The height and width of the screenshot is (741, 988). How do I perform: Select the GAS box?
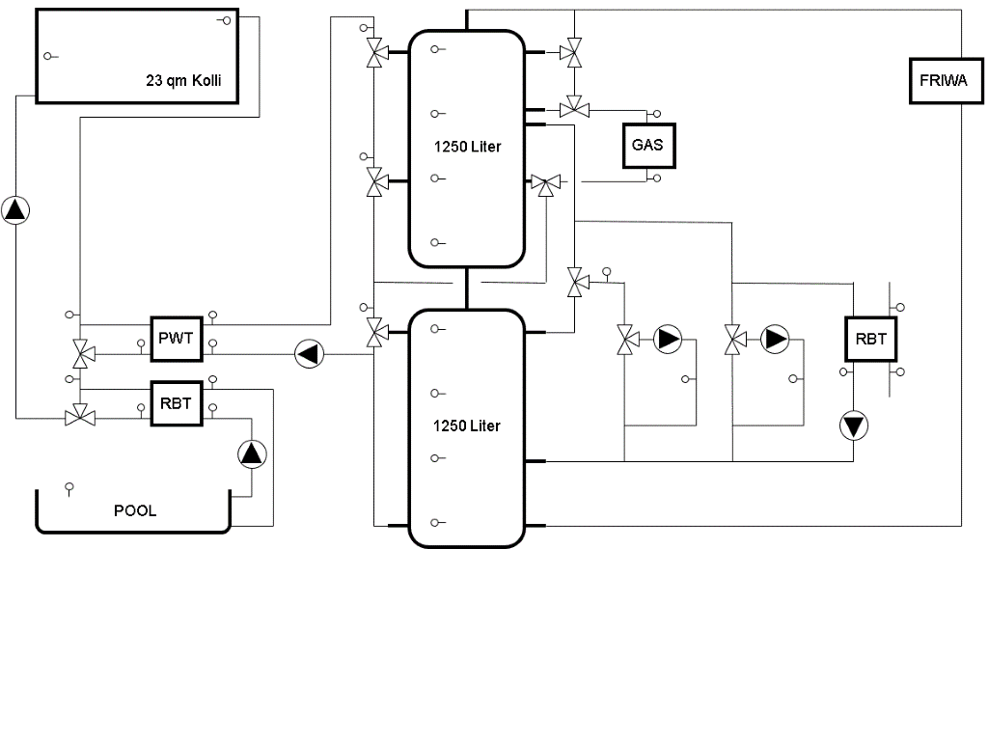click(647, 146)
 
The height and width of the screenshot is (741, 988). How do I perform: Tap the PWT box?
click(176, 339)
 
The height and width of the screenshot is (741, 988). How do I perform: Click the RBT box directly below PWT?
click(176, 403)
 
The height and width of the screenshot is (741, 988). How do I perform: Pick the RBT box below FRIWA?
click(870, 339)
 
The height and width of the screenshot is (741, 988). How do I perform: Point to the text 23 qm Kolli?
click(183, 81)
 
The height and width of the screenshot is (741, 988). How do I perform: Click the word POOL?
click(135, 510)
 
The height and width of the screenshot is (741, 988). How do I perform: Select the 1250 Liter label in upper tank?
click(467, 147)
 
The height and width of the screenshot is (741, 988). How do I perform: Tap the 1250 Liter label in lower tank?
click(467, 425)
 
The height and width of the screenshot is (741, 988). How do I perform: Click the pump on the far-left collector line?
click(15, 209)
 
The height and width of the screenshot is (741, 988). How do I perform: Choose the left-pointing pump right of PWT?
click(309, 354)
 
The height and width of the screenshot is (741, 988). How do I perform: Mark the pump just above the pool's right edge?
click(251, 453)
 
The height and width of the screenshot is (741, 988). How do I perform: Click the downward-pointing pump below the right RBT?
click(854, 425)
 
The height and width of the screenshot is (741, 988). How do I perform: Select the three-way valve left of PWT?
click(80, 354)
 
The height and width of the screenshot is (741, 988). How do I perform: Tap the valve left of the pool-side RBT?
click(80, 418)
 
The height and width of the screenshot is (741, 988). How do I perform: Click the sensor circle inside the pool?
click(69, 486)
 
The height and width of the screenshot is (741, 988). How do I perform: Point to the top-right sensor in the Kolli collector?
click(225, 20)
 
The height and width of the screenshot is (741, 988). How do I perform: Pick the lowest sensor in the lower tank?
click(435, 523)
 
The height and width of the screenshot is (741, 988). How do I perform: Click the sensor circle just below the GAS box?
click(656, 178)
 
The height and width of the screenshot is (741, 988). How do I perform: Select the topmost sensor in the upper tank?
click(435, 48)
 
